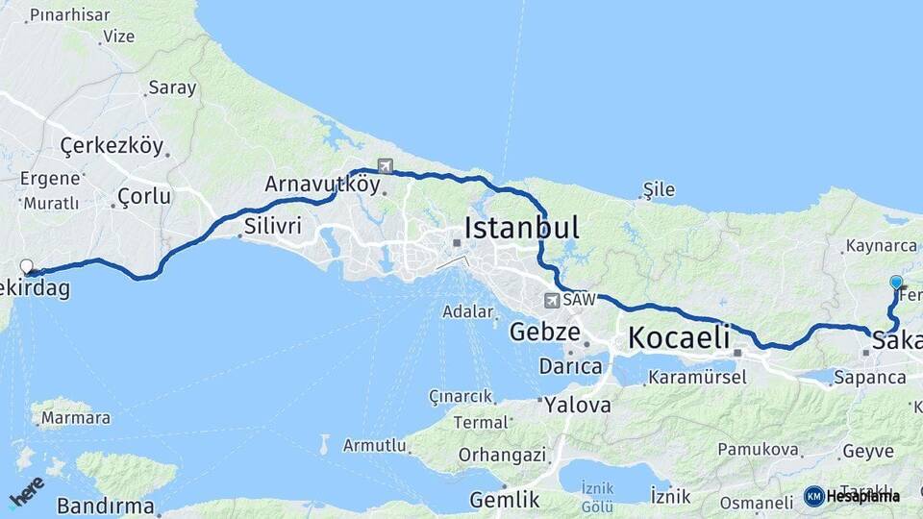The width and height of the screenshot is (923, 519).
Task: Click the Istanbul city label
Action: point(521,228)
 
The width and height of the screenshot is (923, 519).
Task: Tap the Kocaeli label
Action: point(679,337)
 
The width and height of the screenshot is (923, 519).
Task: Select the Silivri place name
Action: point(273,227)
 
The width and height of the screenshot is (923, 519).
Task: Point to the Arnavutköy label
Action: point(322,184)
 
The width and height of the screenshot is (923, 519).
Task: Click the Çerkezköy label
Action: point(111,146)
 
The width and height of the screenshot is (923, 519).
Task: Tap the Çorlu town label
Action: point(143,196)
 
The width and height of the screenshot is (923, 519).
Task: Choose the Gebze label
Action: point(544,333)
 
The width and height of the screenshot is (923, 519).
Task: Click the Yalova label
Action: point(577,405)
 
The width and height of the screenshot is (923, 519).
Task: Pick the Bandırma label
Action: point(105,506)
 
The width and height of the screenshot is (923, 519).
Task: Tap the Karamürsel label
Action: point(697,377)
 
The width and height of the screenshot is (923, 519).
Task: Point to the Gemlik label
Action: point(504,500)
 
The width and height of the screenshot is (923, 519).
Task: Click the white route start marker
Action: point(27,267)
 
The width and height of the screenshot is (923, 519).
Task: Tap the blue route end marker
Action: point(896,283)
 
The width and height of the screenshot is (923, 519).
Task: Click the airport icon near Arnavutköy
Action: point(386,165)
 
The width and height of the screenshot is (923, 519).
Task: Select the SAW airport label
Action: point(579,300)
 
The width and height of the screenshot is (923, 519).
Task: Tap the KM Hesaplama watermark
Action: point(852,496)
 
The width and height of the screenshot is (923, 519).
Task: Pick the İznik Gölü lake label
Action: point(596,497)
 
